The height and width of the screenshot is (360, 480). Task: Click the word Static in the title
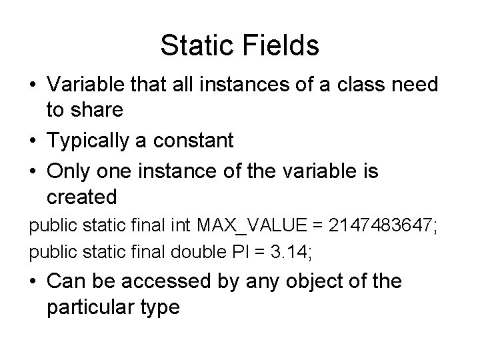tap(193, 45)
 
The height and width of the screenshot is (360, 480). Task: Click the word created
tap(82, 197)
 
